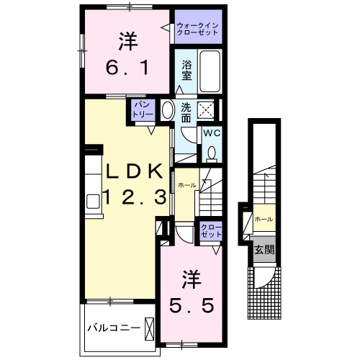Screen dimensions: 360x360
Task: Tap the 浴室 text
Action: [186, 68]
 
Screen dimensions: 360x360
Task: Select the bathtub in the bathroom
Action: [210, 72]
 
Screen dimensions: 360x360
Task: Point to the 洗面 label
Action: [186, 112]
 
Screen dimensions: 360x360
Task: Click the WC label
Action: [212, 133]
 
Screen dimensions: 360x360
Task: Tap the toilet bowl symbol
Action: [212, 153]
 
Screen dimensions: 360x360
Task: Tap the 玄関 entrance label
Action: [263, 250]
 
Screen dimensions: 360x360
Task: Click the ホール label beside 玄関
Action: [264, 218]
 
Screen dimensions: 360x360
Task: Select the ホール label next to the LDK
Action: [187, 186]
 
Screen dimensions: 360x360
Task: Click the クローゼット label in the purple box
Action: [211, 232]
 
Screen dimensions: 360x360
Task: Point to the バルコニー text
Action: [114, 328]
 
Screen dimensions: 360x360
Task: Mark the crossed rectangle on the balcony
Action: [150, 328]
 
